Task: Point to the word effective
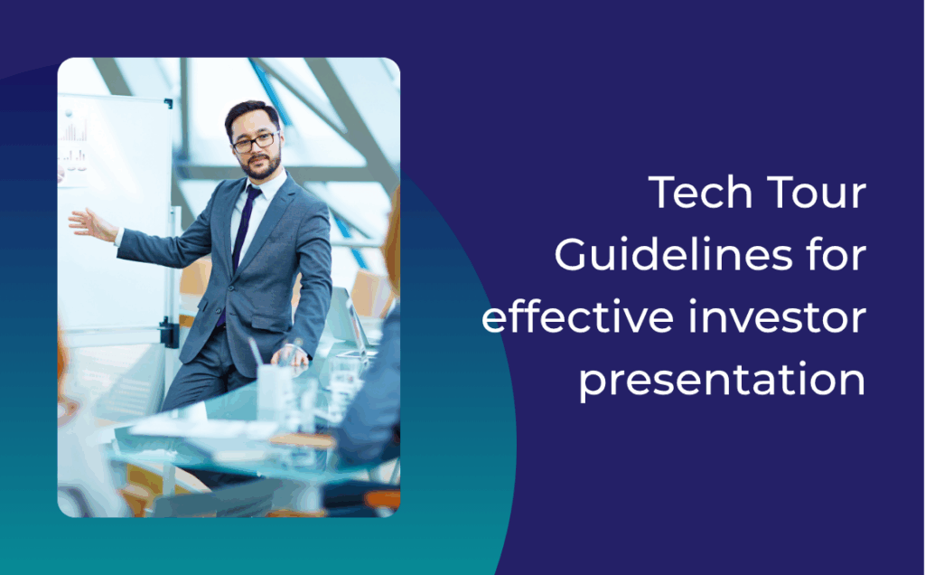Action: click(577, 316)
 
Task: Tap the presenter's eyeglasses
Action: click(255, 142)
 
